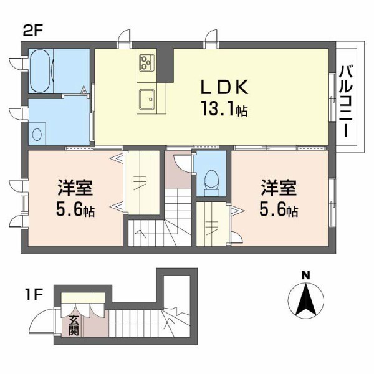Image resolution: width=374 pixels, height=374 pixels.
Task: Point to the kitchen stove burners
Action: (x=147, y=62)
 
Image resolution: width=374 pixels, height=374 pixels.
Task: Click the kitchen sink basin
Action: (x=147, y=98)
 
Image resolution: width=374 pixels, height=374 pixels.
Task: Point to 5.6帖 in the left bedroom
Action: (x=72, y=210)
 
